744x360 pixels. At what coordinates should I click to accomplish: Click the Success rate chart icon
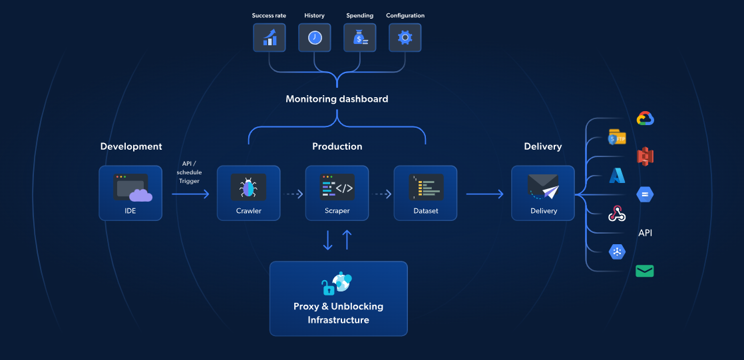(270, 38)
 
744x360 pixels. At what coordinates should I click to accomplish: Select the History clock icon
(315, 38)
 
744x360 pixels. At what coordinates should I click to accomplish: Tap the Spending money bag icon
(360, 38)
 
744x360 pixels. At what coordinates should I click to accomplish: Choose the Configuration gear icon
(405, 38)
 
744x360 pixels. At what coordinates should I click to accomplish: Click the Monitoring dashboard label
(337, 99)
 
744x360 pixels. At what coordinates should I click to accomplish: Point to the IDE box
(130, 193)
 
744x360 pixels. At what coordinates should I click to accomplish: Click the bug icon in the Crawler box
(248, 188)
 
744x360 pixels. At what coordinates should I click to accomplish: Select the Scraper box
(337, 193)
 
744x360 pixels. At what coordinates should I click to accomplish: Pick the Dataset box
(425, 193)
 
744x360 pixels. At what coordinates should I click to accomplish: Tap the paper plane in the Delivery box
(550, 192)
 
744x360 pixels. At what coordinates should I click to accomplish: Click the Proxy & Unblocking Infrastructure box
(338, 298)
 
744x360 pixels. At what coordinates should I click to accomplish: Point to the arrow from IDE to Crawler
(190, 194)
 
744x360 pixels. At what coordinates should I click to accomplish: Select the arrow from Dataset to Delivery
(484, 194)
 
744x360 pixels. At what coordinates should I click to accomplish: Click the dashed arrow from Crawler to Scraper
(293, 194)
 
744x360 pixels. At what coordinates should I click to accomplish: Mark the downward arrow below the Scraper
(327, 240)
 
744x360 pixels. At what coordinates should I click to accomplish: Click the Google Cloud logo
(646, 119)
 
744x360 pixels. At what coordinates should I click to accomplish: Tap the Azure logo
(617, 176)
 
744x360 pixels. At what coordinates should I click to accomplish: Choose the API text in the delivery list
(645, 233)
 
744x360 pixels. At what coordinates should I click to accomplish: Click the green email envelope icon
(644, 271)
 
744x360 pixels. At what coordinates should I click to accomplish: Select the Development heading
(131, 146)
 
